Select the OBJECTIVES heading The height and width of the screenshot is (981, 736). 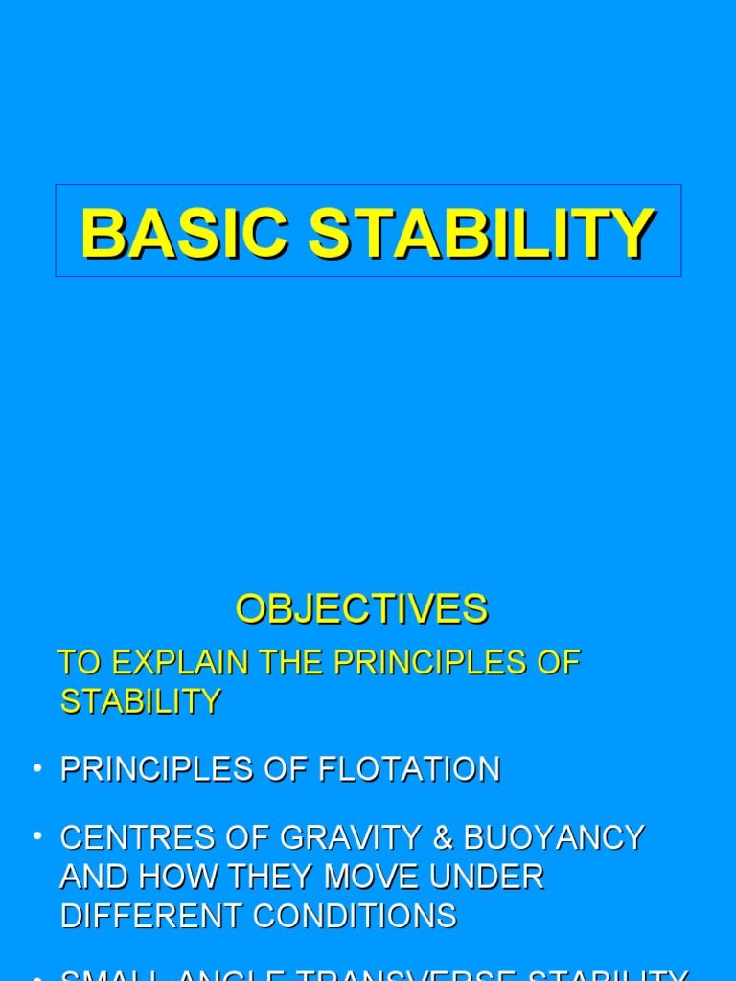click(362, 609)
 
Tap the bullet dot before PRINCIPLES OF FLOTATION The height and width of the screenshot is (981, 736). click(37, 768)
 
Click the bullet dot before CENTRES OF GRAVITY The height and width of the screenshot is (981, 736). click(37, 836)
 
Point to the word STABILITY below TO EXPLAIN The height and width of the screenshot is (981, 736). click(141, 701)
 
